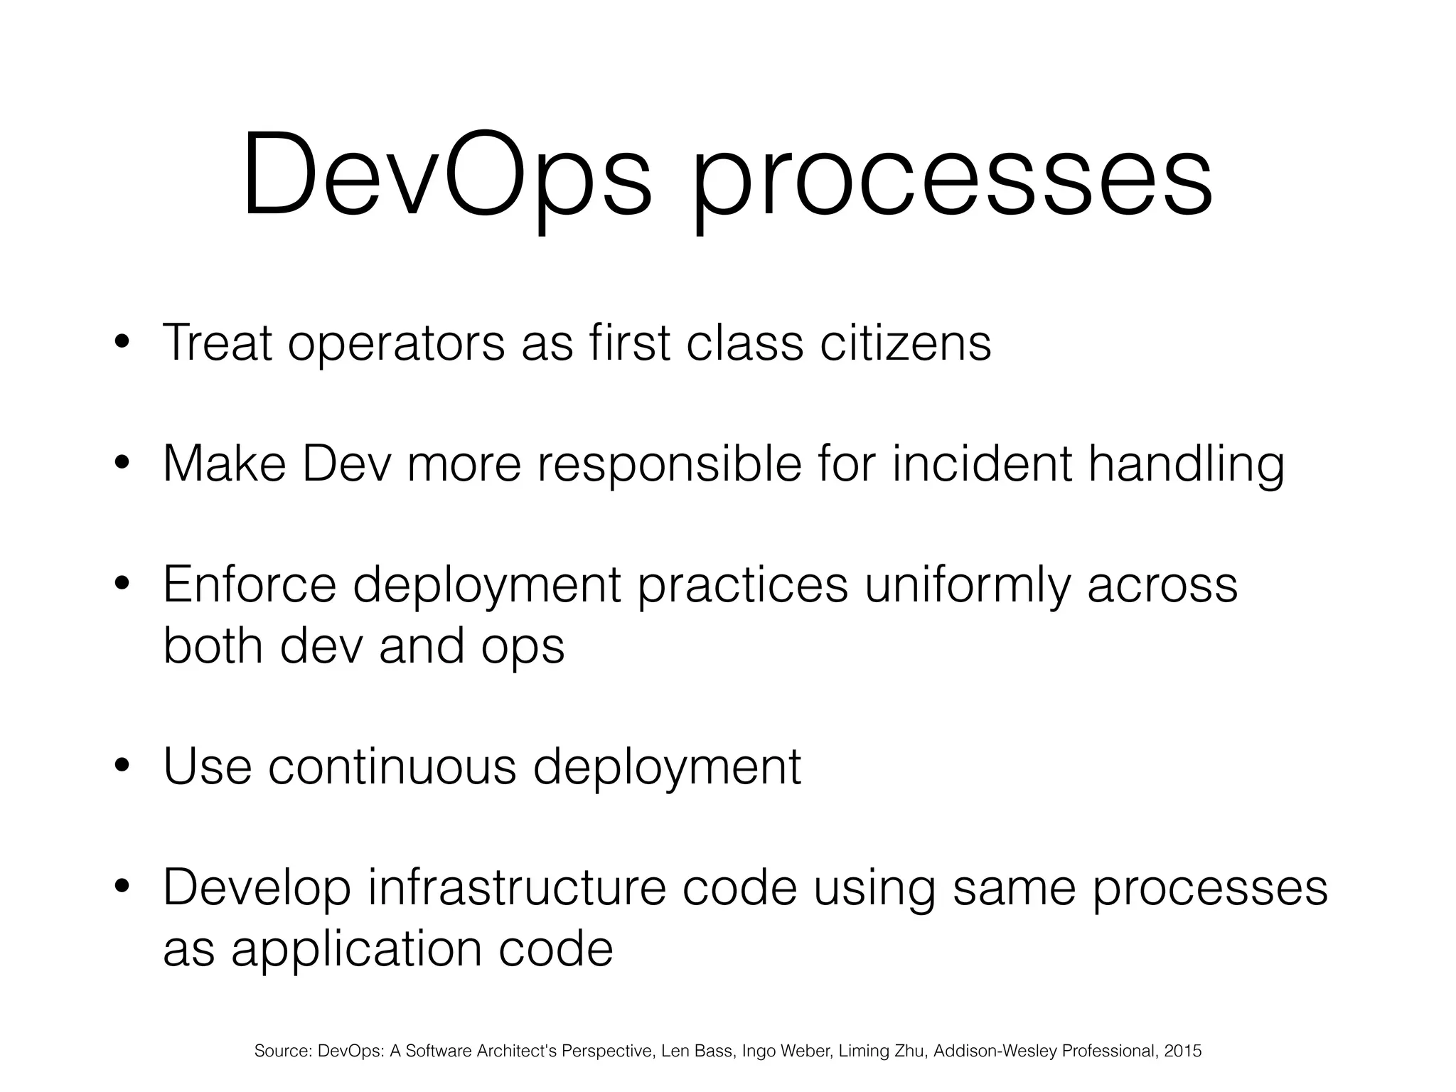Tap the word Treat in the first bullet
click(x=218, y=343)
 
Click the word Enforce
click(x=249, y=584)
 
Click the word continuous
click(x=392, y=766)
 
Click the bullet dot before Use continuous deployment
click(x=122, y=766)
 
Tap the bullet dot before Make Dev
click(x=122, y=464)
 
